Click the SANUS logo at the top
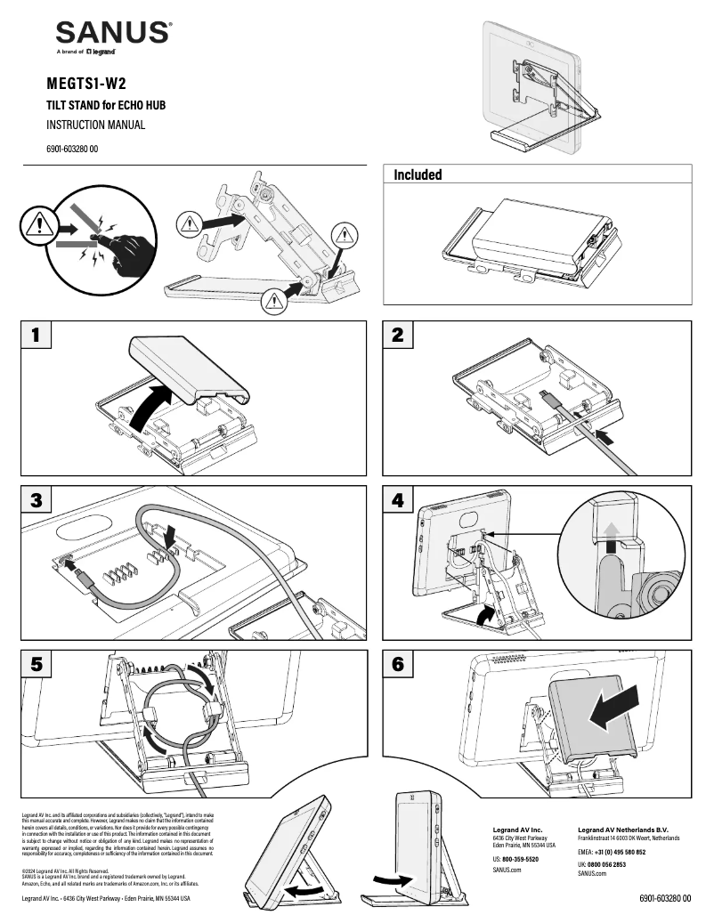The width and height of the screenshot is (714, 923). click(x=113, y=35)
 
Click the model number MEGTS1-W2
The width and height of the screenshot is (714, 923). click(x=85, y=85)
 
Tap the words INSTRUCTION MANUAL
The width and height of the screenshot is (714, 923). click(x=95, y=125)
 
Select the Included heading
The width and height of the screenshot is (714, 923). click(x=418, y=175)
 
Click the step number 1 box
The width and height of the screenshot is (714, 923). click(x=36, y=336)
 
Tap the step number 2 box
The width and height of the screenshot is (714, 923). click(x=398, y=336)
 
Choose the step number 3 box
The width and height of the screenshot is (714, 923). click(x=36, y=500)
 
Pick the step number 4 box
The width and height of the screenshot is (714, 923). click(x=398, y=500)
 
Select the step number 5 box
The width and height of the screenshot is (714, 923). click(x=36, y=665)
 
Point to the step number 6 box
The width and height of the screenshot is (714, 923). click(x=398, y=665)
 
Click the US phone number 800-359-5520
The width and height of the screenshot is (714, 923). click(x=520, y=859)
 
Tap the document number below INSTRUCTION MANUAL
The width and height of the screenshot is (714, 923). click(x=72, y=149)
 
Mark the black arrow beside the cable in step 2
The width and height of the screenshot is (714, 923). click(x=604, y=437)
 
